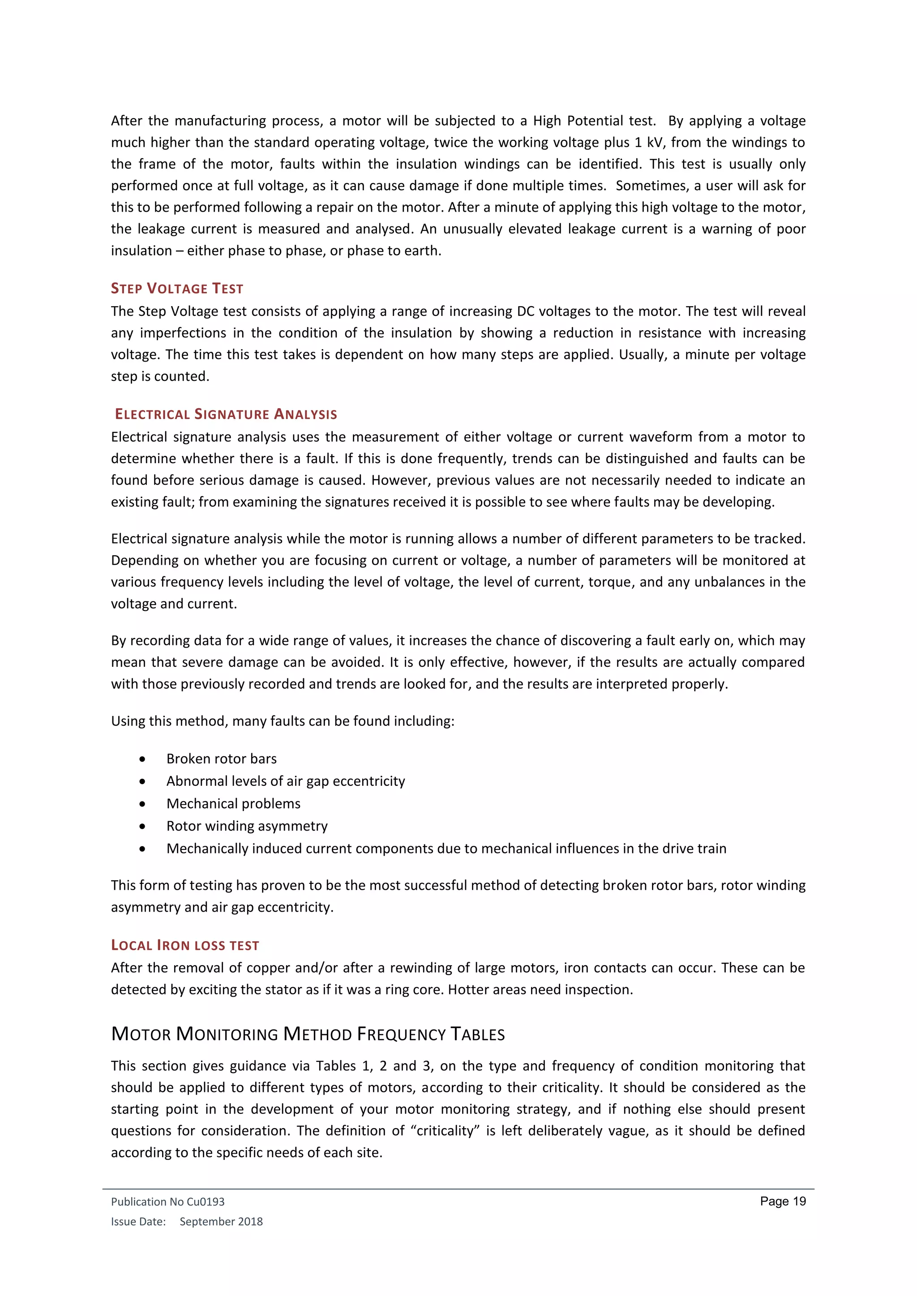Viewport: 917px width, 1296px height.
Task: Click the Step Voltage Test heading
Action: click(x=177, y=289)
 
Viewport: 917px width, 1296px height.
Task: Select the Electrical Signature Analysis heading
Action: click(x=226, y=414)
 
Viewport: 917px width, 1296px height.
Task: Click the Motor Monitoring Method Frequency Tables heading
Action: click(x=308, y=1034)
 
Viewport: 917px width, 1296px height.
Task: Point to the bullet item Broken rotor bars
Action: click(x=221, y=759)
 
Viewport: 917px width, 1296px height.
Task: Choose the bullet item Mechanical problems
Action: click(x=233, y=803)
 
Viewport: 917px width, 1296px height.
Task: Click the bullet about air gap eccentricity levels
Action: click(x=286, y=781)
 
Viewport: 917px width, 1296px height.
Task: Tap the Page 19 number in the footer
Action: click(x=783, y=1201)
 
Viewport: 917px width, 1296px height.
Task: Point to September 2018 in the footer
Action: click(x=221, y=1222)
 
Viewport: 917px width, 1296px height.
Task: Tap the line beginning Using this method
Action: click(x=283, y=721)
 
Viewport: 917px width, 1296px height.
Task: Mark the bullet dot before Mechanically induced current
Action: click(x=142, y=849)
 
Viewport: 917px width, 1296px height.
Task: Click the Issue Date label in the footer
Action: click(x=138, y=1222)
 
